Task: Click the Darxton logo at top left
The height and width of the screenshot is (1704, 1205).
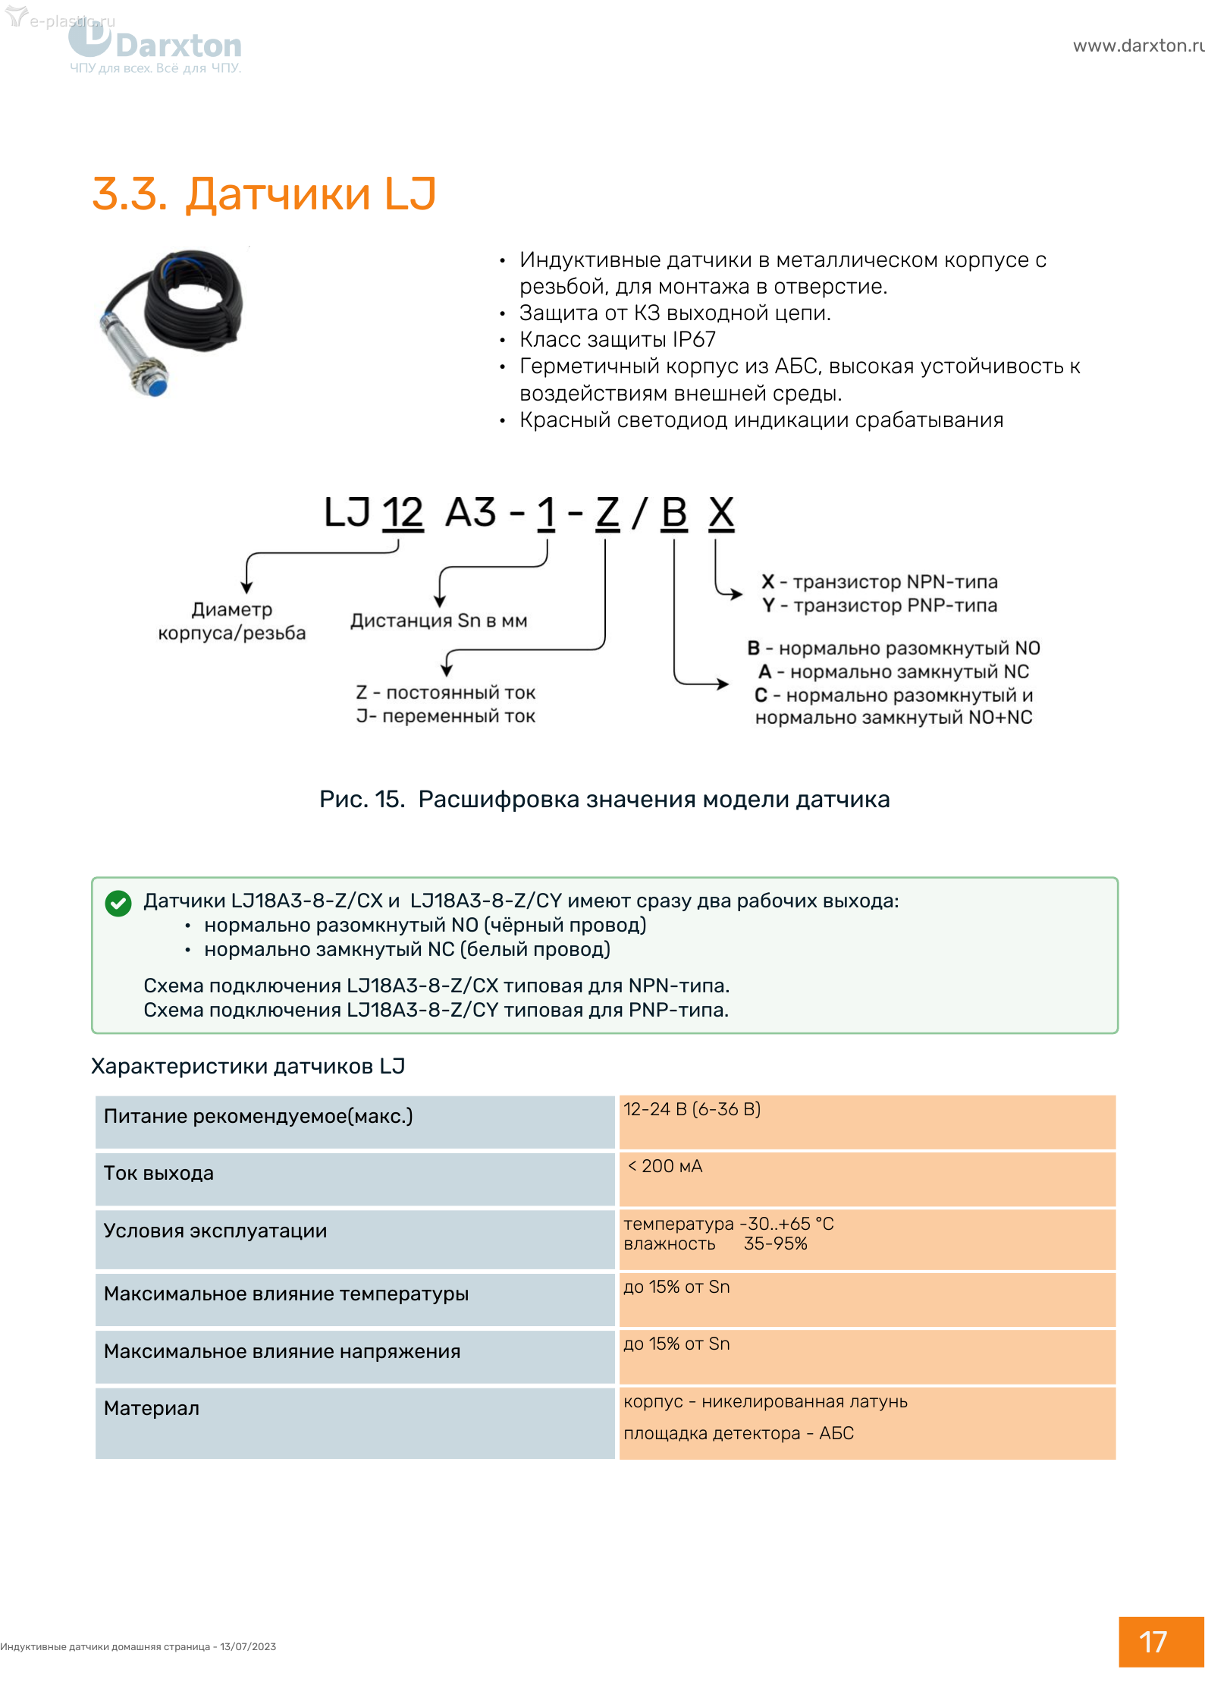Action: (x=155, y=47)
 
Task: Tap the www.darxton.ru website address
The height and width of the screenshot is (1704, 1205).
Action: (x=1138, y=46)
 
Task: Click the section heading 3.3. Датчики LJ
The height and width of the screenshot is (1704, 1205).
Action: (x=264, y=193)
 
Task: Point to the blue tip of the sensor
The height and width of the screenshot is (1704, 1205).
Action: (x=157, y=388)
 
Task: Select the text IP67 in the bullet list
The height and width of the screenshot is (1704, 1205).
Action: (x=693, y=339)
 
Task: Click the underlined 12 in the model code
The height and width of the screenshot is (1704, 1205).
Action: (x=403, y=513)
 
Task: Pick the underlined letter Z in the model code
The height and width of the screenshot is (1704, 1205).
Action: (x=607, y=513)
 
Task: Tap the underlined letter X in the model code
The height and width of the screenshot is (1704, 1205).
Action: (x=721, y=513)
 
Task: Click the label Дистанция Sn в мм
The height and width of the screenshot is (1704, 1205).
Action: (x=438, y=621)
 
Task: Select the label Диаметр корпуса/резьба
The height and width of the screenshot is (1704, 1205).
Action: (x=231, y=621)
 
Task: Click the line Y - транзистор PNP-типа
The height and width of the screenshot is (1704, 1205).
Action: (x=880, y=605)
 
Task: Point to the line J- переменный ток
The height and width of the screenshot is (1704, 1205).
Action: (x=446, y=716)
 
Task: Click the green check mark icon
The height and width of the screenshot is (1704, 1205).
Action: (x=118, y=903)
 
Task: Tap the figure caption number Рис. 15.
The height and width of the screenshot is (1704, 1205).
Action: (x=362, y=799)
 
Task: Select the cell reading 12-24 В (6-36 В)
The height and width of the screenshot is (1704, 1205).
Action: (x=692, y=1109)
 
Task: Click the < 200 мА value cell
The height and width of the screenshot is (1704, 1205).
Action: (x=665, y=1166)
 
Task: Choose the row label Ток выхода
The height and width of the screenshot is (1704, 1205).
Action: (x=159, y=1173)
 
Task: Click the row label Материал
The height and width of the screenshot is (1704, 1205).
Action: (x=152, y=1408)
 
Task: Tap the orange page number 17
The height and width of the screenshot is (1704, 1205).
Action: (x=1153, y=1642)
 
